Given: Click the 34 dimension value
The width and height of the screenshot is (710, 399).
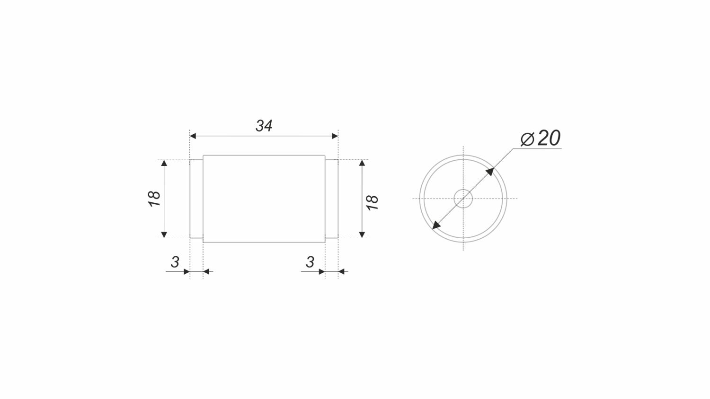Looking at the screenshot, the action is tap(264, 126).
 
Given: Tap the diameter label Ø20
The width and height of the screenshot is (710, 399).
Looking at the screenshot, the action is tap(541, 138).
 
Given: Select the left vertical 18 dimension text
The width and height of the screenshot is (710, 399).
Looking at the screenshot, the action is tap(154, 199).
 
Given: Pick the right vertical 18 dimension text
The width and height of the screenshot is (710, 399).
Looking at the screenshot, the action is tap(372, 202).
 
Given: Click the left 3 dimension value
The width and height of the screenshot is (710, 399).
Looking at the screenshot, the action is tap(175, 262).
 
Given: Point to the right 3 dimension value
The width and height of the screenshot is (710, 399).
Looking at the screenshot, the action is tap(310, 262).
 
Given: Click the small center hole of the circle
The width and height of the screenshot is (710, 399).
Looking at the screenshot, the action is tap(463, 199).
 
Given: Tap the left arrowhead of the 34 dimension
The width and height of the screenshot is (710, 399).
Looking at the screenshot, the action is tap(193, 136).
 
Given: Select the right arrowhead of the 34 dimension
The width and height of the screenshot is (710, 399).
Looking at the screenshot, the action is tap(335, 136).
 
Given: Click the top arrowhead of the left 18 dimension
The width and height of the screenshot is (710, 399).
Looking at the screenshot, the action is tap(164, 163).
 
